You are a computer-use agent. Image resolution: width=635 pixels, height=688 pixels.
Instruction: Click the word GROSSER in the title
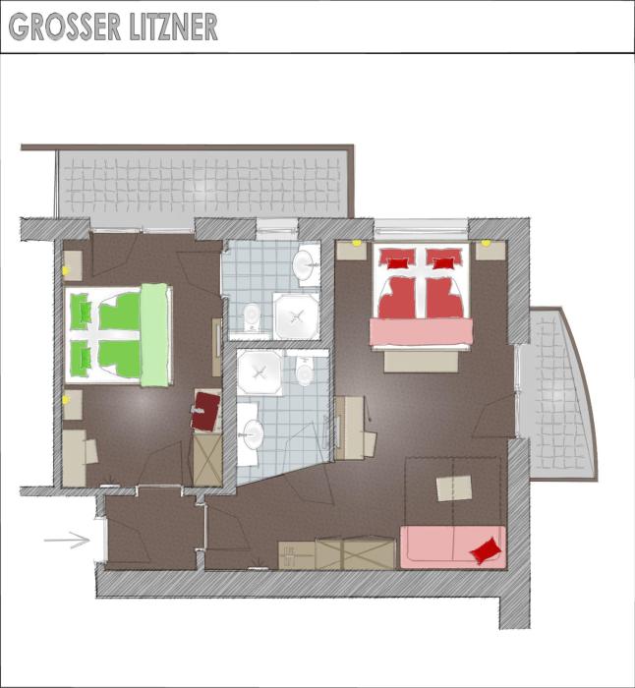pos(65,28)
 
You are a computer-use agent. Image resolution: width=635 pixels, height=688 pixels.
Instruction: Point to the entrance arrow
pos(67,541)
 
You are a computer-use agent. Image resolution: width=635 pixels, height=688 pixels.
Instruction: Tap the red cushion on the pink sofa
pos(486,550)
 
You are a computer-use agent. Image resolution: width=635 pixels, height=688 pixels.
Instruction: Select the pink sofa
pos(453,547)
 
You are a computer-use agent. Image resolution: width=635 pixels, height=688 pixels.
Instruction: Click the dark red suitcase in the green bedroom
pos(204,411)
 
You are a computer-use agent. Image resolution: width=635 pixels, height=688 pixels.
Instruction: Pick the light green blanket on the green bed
pos(155,335)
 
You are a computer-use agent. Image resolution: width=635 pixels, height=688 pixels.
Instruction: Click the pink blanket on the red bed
pos(421,332)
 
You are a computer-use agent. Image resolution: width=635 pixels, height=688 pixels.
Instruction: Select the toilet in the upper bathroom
pos(252,316)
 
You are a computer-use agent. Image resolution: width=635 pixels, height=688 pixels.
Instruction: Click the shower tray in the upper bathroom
pos(296,315)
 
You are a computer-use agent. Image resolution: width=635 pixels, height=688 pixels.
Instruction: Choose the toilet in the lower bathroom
pos(305,371)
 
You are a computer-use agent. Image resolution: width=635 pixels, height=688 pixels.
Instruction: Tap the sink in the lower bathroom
pos(253,434)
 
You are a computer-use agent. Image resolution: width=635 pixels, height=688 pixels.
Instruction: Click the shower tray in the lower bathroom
pos(259,373)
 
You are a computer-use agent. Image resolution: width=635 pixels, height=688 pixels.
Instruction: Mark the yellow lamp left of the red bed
pos(357,243)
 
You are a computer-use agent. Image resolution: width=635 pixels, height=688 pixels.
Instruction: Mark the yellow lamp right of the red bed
pos(486,243)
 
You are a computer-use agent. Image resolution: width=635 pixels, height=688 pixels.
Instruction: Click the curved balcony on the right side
pos(557,395)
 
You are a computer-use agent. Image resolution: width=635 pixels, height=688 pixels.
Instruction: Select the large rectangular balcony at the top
pos(204,184)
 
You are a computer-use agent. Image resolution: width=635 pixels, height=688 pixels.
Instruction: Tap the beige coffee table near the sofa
pos(454,487)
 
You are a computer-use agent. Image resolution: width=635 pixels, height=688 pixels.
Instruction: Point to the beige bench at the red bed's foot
pos(421,362)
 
